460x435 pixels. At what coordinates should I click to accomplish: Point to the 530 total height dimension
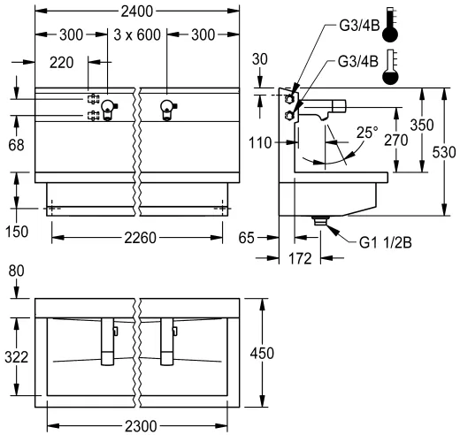tap(448, 151)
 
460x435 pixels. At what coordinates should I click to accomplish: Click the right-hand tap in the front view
tap(165, 109)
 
